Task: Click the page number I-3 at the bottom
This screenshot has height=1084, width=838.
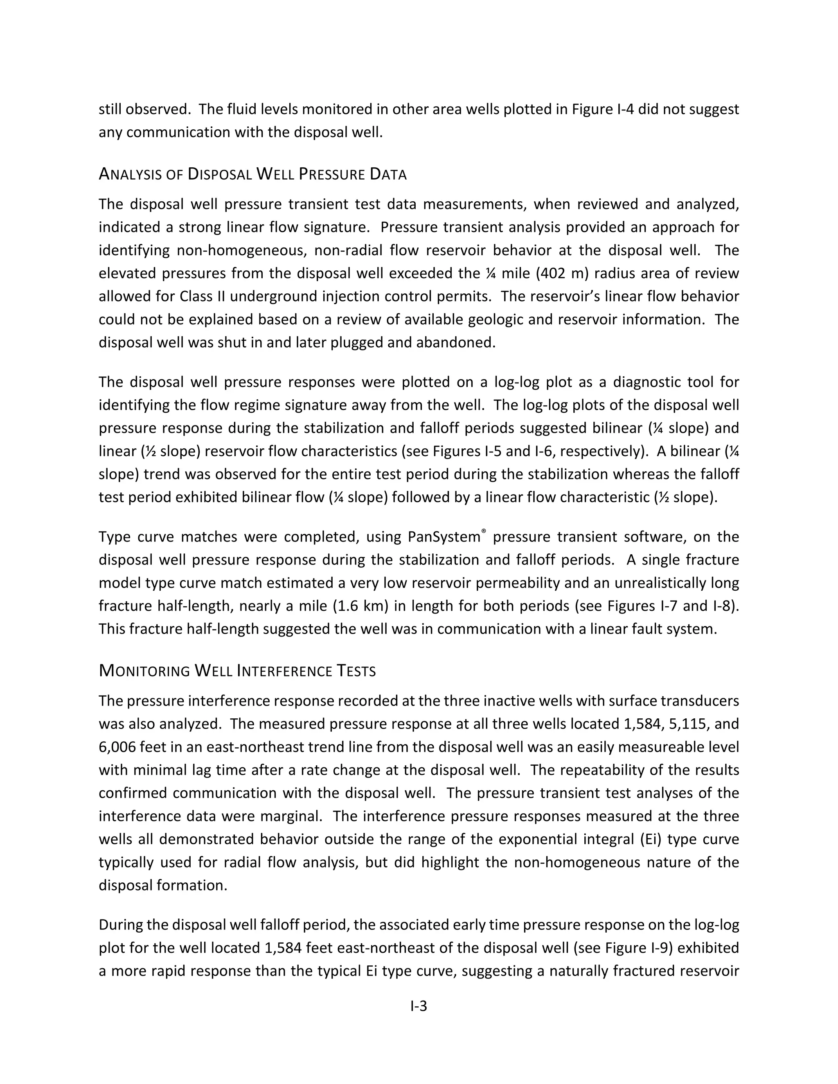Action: pos(419,1006)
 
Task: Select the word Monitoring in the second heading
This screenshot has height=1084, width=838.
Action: pos(144,671)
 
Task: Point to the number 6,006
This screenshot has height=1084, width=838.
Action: pos(117,747)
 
